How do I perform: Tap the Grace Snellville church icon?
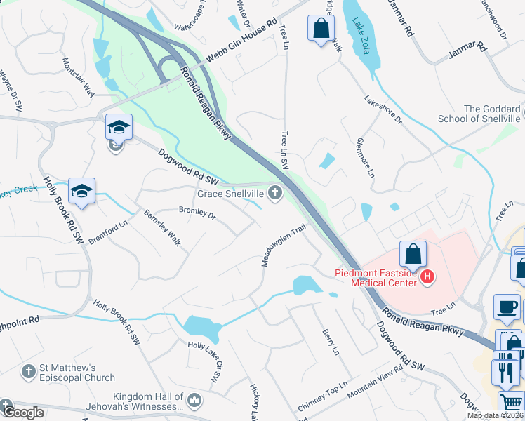274,193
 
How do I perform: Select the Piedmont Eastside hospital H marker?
427,279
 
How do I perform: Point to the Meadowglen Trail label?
284,246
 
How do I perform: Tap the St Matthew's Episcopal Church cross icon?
29,370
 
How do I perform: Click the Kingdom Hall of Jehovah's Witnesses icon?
194,401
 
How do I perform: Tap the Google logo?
22,413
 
